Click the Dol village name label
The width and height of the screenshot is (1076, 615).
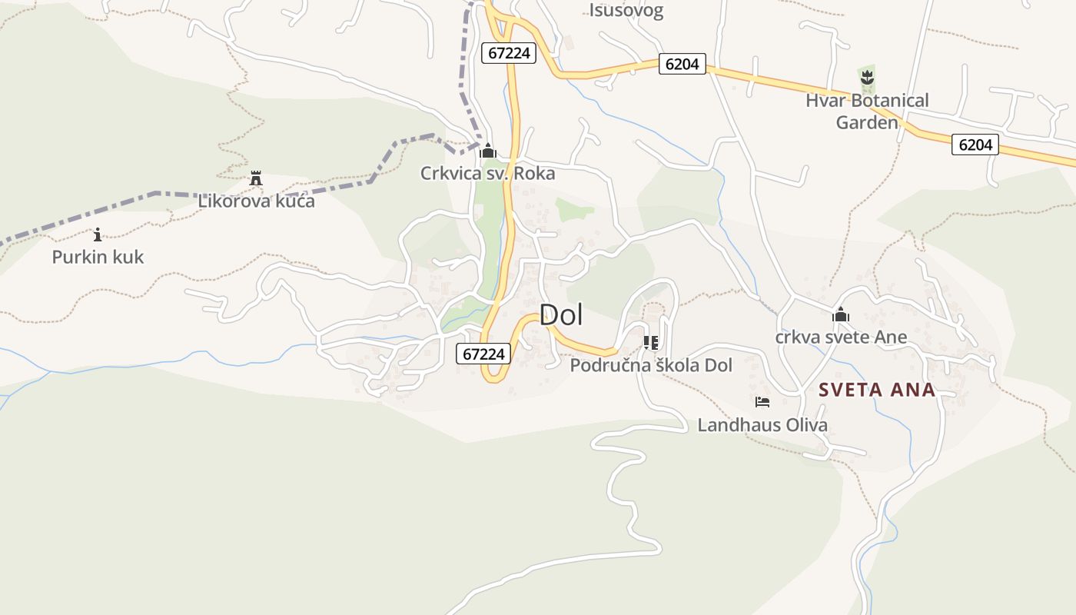pyautogui.click(x=561, y=314)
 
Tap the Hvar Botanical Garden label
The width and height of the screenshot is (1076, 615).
pyautogui.click(x=867, y=111)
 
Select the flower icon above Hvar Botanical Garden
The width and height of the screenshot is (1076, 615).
pyautogui.click(x=867, y=77)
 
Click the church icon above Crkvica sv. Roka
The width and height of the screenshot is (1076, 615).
pyautogui.click(x=487, y=151)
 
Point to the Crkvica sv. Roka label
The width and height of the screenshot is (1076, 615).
pyautogui.click(x=487, y=173)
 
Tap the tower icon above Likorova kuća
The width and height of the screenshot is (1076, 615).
pyautogui.click(x=256, y=179)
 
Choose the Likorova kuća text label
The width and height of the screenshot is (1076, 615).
pyautogui.click(x=256, y=201)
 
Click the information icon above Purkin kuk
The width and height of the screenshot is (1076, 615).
pyautogui.click(x=98, y=234)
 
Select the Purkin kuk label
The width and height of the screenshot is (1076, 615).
pyautogui.click(x=98, y=257)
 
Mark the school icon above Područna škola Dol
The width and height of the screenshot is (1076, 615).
pyautogui.click(x=651, y=343)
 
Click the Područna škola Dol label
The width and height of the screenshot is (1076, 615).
pyautogui.click(x=651, y=365)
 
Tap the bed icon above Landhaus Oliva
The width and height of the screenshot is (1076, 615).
pyautogui.click(x=762, y=402)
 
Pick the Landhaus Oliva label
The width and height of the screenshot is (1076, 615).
pyautogui.click(x=762, y=425)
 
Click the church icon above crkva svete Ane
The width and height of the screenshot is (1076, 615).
pyautogui.click(x=841, y=314)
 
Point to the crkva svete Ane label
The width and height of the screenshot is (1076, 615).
pyautogui.click(x=841, y=337)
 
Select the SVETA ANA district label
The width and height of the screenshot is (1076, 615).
pyautogui.click(x=877, y=390)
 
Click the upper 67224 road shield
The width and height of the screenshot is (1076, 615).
pyautogui.click(x=508, y=53)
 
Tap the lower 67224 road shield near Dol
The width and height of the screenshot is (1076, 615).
pyautogui.click(x=483, y=354)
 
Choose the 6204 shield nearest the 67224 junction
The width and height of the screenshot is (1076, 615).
pyautogui.click(x=682, y=65)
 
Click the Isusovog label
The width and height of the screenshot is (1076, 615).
pyautogui.click(x=626, y=11)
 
